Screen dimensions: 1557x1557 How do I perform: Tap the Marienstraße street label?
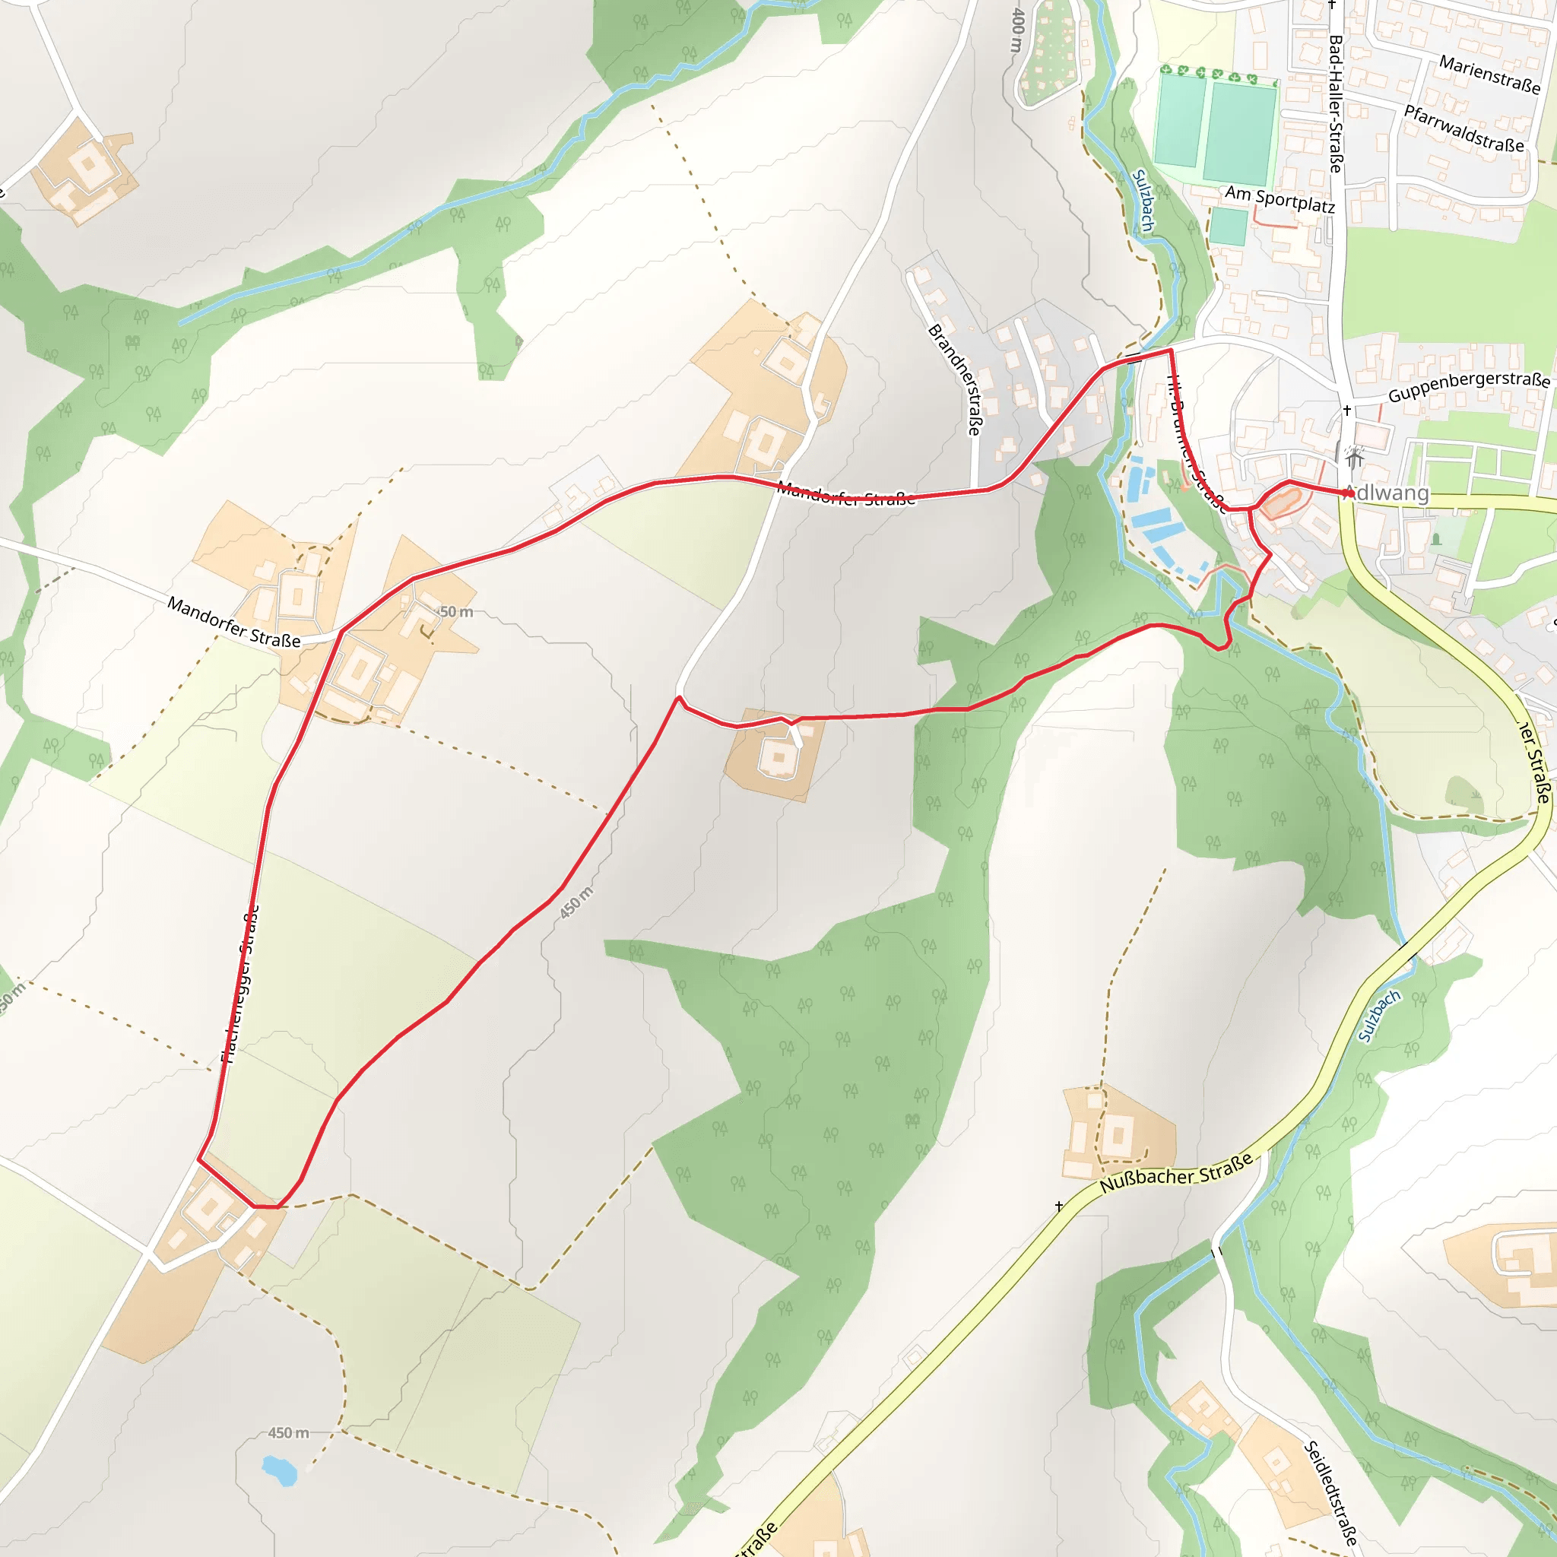click(x=1489, y=75)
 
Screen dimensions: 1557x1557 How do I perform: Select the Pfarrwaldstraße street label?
click(x=1464, y=128)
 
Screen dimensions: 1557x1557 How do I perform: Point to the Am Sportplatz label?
click(x=1280, y=199)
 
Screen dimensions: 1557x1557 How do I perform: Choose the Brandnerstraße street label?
click(x=954, y=379)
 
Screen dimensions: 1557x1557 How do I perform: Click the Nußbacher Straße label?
click(x=1177, y=1172)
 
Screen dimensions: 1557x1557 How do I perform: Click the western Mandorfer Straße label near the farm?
click(x=233, y=621)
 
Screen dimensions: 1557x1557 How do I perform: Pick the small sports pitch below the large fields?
click(x=1229, y=227)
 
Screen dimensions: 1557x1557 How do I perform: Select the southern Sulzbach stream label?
click(x=1379, y=1016)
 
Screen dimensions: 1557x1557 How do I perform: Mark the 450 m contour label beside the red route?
click(x=576, y=902)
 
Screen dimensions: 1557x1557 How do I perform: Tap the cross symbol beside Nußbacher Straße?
click(x=1059, y=1206)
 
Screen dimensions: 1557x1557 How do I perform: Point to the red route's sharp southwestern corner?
click(x=199, y=1159)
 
